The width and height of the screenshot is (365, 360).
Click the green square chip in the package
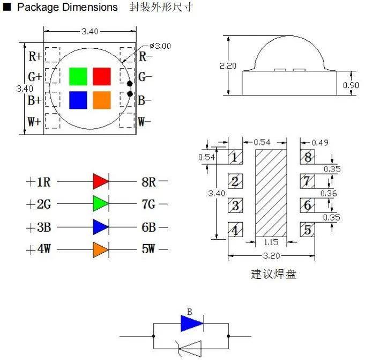[78, 76]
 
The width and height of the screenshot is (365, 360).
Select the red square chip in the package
[102, 76]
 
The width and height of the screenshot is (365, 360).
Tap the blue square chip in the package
[78, 100]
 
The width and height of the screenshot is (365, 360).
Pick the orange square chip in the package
[102, 100]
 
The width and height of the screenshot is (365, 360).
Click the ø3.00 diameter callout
[160, 46]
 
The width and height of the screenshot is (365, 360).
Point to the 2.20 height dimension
[228, 65]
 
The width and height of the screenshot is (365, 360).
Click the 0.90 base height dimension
[351, 85]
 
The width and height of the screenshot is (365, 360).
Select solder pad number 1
[235, 157]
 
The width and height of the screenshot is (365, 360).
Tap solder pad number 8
[307, 157]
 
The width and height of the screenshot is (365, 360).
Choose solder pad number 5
[307, 230]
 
